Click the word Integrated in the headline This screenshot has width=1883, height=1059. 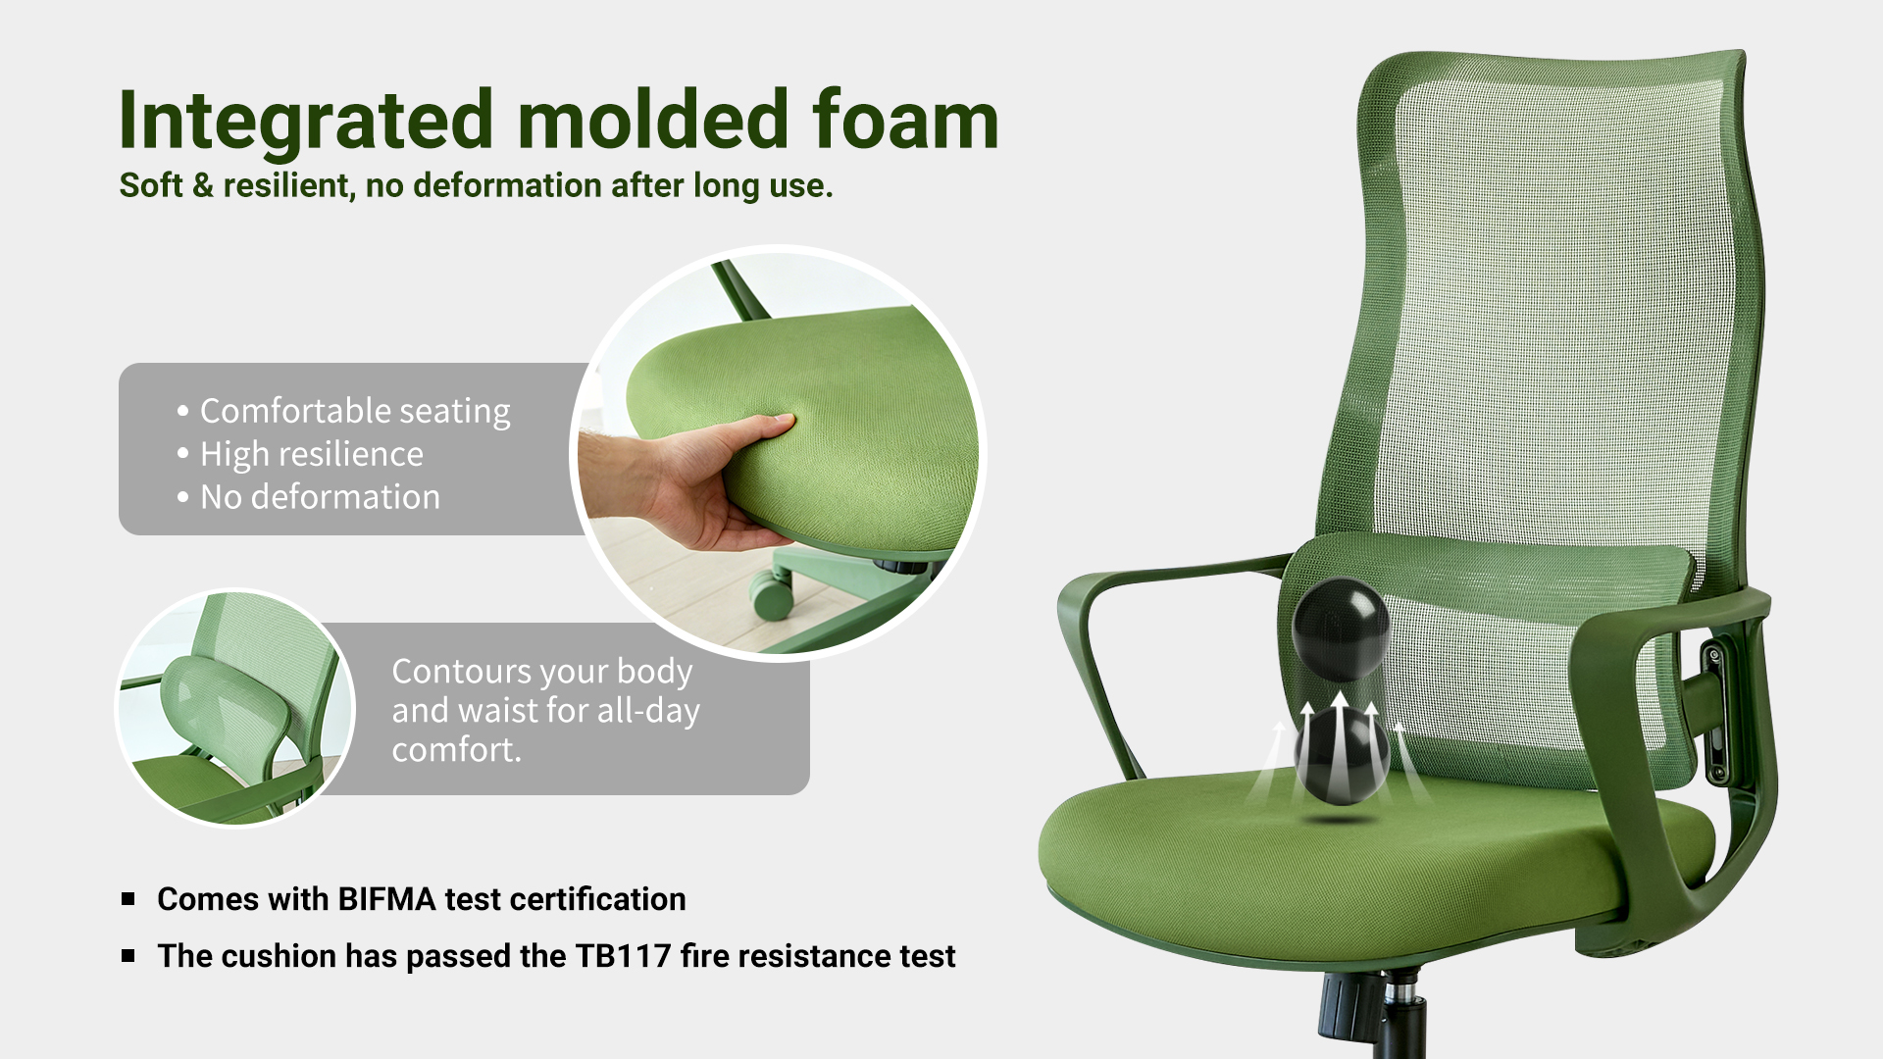point(306,122)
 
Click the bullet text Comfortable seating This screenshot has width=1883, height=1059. point(355,411)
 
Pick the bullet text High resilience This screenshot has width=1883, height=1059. point(312,454)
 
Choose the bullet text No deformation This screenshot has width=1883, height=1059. point(320,497)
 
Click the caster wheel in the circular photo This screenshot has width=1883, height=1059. point(772,594)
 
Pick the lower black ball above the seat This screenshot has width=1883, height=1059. point(1342,756)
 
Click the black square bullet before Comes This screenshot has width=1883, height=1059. point(128,899)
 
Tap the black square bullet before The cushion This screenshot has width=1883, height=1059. point(128,956)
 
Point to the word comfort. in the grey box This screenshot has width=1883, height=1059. point(457,750)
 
